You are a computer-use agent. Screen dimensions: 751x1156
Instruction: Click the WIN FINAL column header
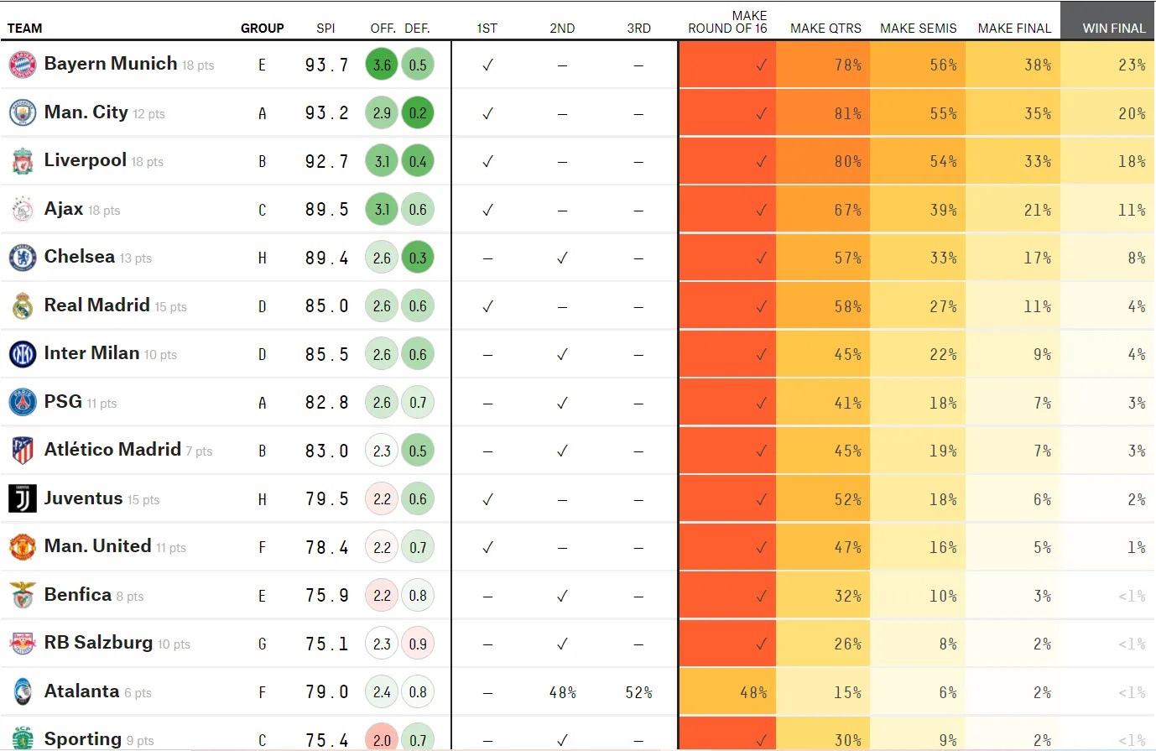[x=1113, y=28]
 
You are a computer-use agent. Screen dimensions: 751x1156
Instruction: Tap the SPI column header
[x=325, y=28]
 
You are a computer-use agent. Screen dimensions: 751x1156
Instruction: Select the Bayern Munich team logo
[x=23, y=65]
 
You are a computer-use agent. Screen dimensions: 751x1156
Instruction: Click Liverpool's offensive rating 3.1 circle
[x=382, y=161]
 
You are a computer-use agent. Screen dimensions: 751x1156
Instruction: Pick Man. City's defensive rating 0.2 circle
[x=418, y=113]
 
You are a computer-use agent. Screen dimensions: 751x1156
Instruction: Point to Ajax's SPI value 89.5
[x=326, y=210]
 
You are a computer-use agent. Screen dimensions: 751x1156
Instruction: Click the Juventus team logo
[x=23, y=499]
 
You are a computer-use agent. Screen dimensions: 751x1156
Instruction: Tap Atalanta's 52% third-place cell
[x=638, y=692]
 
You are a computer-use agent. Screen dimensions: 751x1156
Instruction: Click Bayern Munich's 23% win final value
[x=1132, y=65]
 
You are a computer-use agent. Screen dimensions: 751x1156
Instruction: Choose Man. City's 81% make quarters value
[x=847, y=113]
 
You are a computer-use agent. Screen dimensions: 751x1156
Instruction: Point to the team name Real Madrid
[x=96, y=305]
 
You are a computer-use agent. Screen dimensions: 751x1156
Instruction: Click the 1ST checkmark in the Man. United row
[x=487, y=547]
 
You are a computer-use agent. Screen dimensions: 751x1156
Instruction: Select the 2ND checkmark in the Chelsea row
[x=562, y=258]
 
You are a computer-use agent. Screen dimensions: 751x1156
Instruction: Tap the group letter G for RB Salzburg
[x=262, y=644]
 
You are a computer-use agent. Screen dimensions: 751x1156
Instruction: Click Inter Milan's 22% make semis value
[x=943, y=354]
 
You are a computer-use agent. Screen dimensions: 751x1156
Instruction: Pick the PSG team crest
[x=23, y=403]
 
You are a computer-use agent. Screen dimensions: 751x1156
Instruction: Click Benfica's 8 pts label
[x=130, y=597]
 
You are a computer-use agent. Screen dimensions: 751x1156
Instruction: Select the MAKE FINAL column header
[x=1014, y=28]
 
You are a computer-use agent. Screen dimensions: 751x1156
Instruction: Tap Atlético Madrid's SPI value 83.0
[x=326, y=451]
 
